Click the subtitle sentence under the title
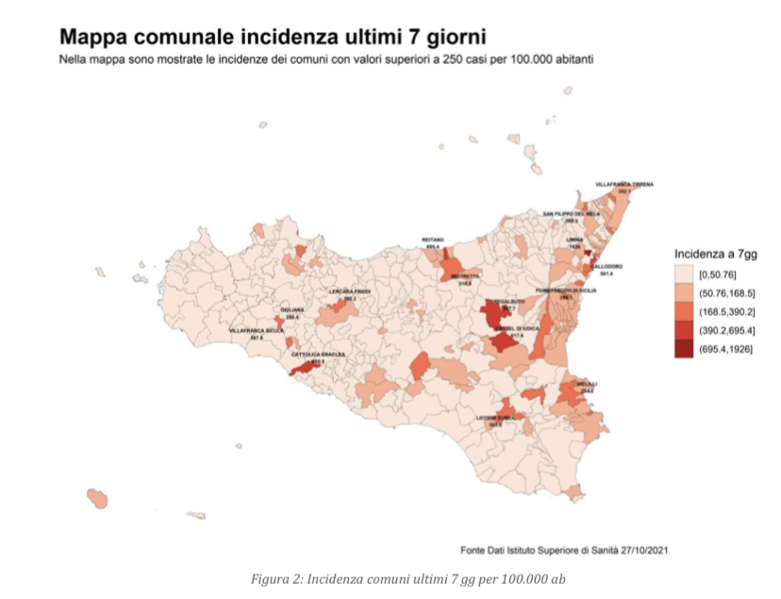tap(325, 59)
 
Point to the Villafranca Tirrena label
tap(623, 185)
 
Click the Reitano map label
tap(433, 241)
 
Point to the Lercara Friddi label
tap(349, 292)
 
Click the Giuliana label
tap(291, 310)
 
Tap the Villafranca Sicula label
tap(257, 332)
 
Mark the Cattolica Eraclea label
tap(318, 355)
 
